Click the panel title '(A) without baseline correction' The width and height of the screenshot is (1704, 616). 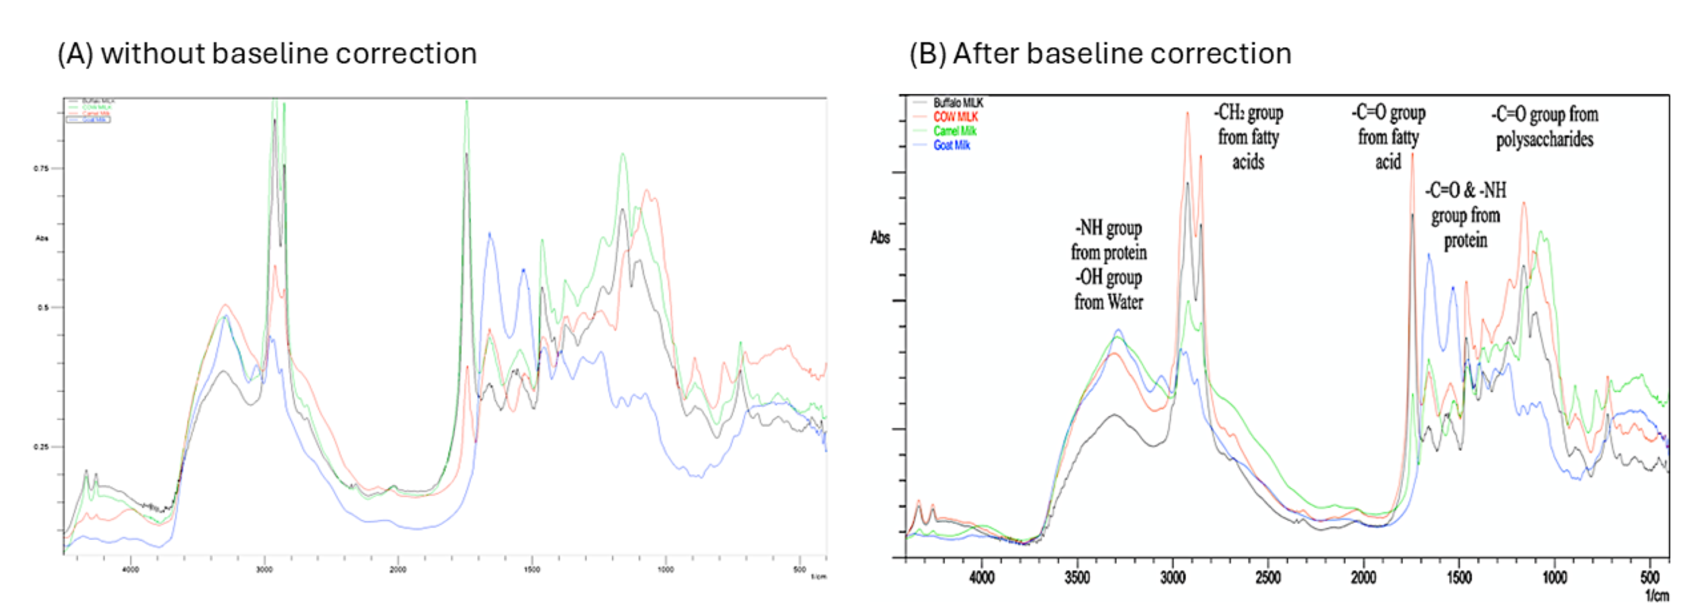pyautogui.click(x=267, y=53)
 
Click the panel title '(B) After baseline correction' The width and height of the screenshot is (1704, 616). pyautogui.click(x=1100, y=53)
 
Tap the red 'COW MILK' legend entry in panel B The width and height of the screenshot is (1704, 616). pyautogui.click(x=955, y=117)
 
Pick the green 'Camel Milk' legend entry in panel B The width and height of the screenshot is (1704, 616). pyautogui.click(x=955, y=131)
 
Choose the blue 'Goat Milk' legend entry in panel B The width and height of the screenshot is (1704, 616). pyautogui.click(x=951, y=145)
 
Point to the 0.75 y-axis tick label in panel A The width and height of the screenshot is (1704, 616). pyautogui.click(x=41, y=169)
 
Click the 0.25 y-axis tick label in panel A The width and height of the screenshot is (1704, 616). pyautogui.click(x=41, y=447)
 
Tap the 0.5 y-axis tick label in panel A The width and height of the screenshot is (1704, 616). pyautogui.click(x=43, y=307)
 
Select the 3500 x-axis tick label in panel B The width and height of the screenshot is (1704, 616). pyautogui.click(x=1077, y=577)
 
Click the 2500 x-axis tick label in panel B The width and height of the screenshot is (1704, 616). pyautogui.click(x=1268, y=577)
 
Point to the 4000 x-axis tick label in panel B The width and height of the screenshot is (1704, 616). pyautogui.click(x=982, y=577)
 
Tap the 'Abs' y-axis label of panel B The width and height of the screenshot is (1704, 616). pyautogui.click(x=880, y=238)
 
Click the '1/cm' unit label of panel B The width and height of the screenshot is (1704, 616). pyautogui.click(x=1656, y=596)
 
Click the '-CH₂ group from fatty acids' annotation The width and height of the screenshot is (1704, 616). pyautogui.click(x=1248, y=137)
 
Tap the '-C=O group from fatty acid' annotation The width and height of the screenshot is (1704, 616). pyautogui.click(x=1388, y=137)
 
